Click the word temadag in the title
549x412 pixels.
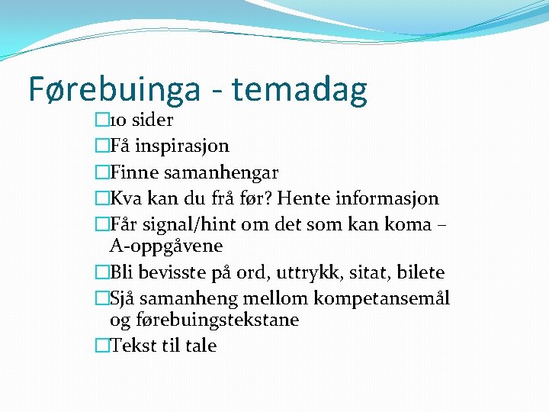point(300,89)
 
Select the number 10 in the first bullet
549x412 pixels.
point(119,120)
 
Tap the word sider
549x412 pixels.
point(152,120)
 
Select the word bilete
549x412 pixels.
point(418,272)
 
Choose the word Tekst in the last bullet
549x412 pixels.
point(134,346)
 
